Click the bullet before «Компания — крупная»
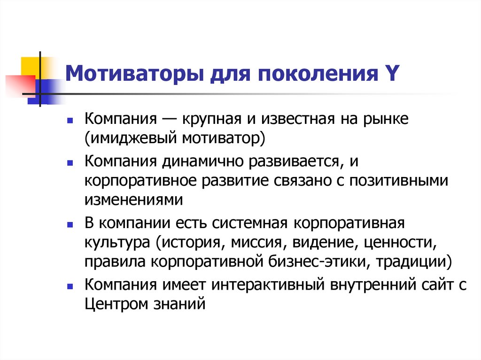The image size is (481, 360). [70, 121]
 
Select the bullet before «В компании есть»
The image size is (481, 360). [70, 225]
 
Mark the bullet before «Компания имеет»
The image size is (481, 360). [70, 285]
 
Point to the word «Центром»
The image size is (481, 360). [118, 303]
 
